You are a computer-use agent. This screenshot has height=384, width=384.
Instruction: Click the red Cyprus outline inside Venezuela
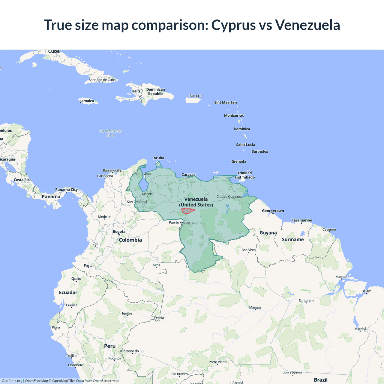coord(188,211)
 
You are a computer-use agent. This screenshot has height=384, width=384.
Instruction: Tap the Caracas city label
coord(188,175)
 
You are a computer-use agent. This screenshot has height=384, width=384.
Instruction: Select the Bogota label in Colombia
coord(119,232)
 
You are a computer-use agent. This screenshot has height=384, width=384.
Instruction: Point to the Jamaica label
coord(87,101)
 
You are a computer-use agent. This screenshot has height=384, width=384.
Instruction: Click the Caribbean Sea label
coord(110,133)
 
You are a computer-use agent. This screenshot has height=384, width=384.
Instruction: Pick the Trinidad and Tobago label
coord(244,175)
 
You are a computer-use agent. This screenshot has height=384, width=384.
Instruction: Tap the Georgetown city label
coord(273,211)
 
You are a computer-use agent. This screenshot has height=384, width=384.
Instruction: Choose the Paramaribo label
coord(301,220)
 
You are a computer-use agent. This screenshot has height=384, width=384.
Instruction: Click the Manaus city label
coord(255,307)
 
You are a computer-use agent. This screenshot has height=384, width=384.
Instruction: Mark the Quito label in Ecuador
coord(76,279)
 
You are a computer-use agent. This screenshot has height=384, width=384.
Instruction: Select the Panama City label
coord(66,190)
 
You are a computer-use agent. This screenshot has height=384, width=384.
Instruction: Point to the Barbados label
coord(259,151)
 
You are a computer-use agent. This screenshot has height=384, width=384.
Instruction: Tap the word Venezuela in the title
coord(307,25)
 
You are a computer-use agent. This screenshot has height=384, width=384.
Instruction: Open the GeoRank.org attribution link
coord(12,381)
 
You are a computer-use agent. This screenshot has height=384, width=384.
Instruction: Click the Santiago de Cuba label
coord(102,80)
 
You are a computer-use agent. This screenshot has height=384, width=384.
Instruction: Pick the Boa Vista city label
coord(248,250)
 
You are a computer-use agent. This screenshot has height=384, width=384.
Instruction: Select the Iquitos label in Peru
coord(127,313)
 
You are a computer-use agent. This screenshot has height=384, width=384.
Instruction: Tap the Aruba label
coord(159,158)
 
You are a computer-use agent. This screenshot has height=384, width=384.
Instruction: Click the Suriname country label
coord(293,239)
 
